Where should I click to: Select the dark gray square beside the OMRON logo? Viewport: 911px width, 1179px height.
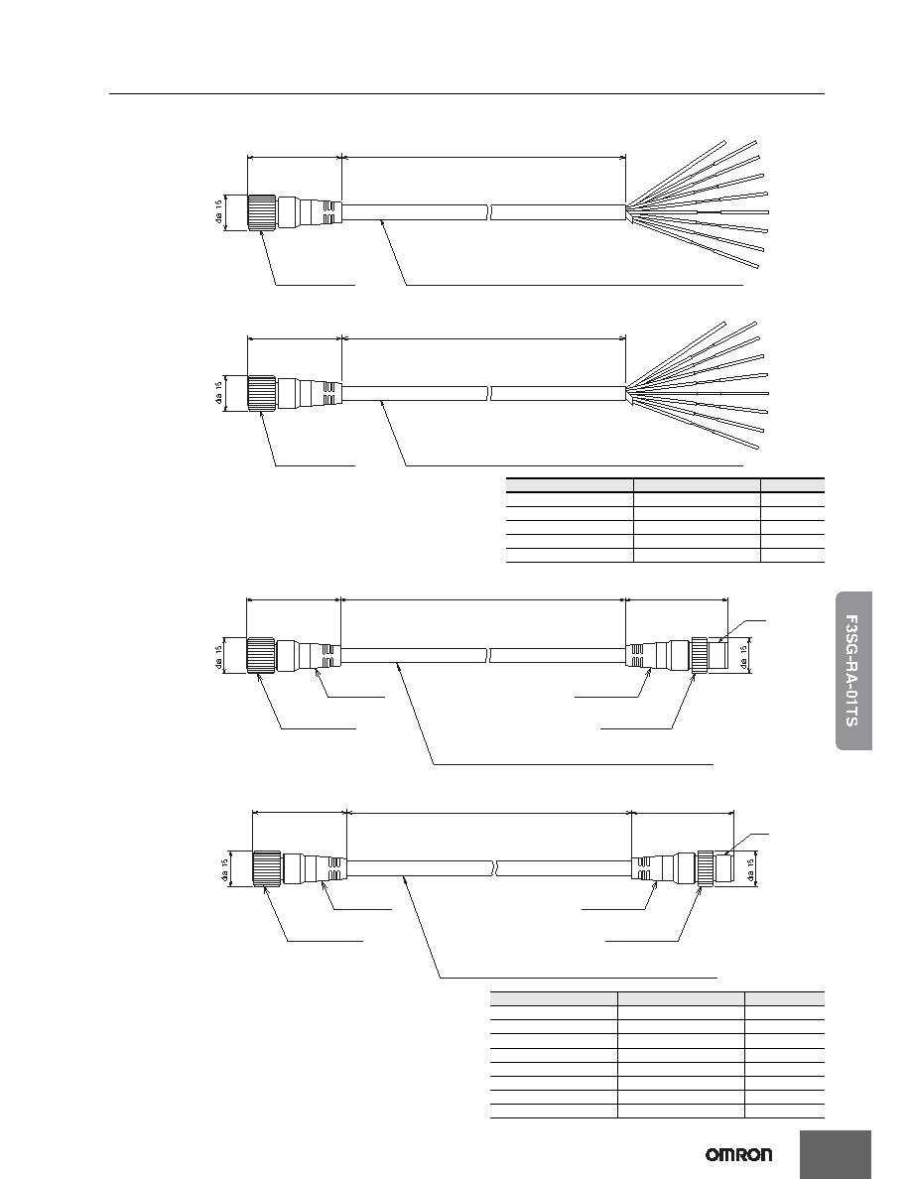(x=836, y=1154)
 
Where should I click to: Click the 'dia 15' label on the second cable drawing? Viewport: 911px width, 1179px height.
(x=218, y=393)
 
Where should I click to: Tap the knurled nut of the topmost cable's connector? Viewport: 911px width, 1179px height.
(x=262, y=212)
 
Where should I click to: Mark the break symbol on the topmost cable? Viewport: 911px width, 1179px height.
(x=489, y=212)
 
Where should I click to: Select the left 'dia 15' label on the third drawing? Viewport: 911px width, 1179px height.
(x=218, y=655)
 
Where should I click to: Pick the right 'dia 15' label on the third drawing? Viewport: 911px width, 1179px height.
(x=744, y=655)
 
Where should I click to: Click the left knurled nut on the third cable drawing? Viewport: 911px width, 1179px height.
(x=262, y=655)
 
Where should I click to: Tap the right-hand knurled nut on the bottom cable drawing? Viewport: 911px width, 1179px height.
(x=706, y=869)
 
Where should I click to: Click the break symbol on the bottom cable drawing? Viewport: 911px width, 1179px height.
(x=495, y=868)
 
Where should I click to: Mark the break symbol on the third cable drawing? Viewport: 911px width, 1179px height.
(x=489, y=655)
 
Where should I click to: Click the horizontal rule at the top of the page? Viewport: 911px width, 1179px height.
(x=466, y=94)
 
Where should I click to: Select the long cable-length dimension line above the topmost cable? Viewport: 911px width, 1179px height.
(x=484, y=158)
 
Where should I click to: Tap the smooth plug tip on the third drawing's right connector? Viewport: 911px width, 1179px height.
(x=717, y=655)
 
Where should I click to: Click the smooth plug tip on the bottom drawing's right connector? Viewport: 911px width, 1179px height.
(x=723, y=869)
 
